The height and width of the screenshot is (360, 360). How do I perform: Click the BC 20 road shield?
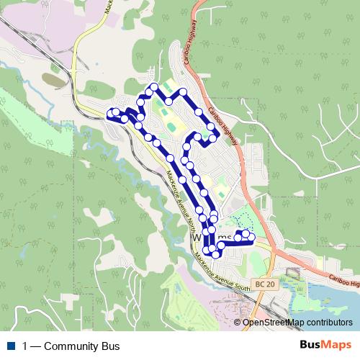coord(264,284)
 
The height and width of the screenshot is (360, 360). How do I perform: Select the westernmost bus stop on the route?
coord(111,112)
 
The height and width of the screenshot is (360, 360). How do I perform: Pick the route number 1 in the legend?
coord(25,346)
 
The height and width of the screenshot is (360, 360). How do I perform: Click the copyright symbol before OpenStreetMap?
coord(238,323)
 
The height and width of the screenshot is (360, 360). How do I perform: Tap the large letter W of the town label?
coord(197,238)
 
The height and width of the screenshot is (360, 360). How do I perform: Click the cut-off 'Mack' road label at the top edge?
coord(107,6)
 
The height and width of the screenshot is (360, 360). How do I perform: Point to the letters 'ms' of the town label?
coord(225,238)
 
